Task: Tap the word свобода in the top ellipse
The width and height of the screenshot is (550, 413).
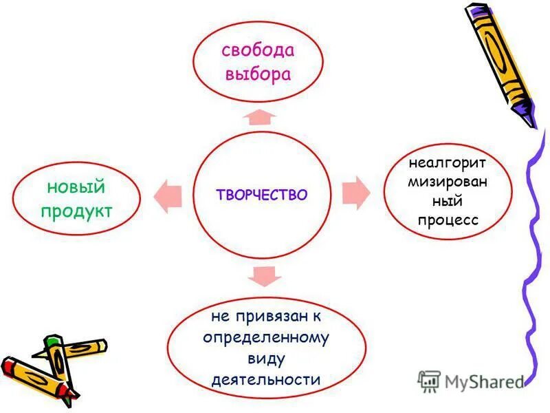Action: [257, 50]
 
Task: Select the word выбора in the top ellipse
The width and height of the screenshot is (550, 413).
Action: [257, 74]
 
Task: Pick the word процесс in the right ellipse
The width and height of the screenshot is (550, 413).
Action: [448, 220]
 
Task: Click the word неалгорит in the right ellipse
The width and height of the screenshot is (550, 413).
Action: [448, 165]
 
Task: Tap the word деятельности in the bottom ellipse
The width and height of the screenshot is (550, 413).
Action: [266, 379]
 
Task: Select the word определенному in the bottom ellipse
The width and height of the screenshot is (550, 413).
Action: [266, 338]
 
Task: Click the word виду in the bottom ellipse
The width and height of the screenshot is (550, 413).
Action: [266, 358]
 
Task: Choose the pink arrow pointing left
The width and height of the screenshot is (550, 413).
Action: [168, 195]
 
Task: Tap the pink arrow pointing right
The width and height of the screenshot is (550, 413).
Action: [355, 192]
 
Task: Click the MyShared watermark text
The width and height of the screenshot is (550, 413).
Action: [485, 381]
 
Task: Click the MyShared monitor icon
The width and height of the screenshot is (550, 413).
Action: [429, 381]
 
